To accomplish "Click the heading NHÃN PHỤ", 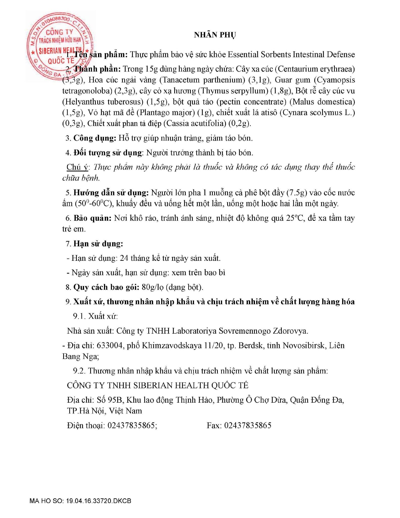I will click(x=215, y=35).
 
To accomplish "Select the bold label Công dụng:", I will click(x=95, y=138).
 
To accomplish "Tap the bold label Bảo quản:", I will click(x=92, y=218).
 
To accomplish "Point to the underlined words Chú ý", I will click(x=77, y=167).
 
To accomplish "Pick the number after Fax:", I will click(x=248, y=425).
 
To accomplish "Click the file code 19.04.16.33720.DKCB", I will click(x=99, y=501).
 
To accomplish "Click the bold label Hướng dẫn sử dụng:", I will click(x=111, y=193).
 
